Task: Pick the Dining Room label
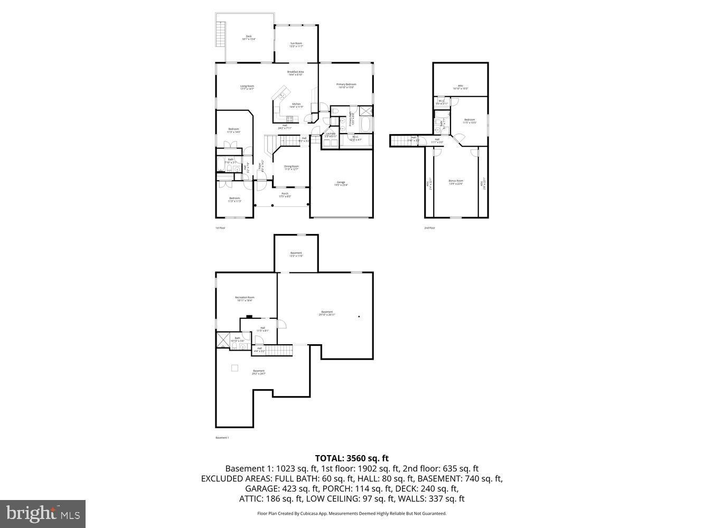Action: (x=291, y=167)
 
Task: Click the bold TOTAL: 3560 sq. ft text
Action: (x=352, y=458)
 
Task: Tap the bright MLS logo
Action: (x=43, y=514)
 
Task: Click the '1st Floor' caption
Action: (x=220, y=228)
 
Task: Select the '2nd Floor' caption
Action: (x=429, y=228)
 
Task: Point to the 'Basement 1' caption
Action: (x=222, y=438)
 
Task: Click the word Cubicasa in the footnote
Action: (x=328, y=513)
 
